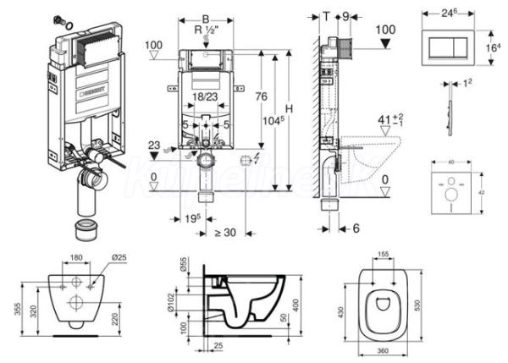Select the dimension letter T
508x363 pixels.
[x=327, y=14]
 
